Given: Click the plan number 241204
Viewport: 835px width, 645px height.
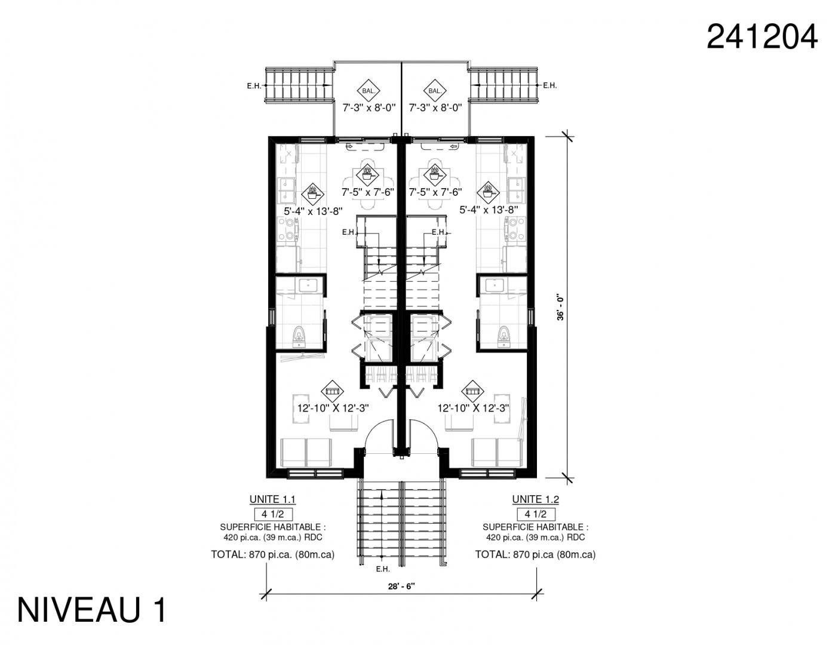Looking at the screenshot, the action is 762,36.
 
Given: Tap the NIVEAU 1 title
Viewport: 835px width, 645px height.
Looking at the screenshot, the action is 92,610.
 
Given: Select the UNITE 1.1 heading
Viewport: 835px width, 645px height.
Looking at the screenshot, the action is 272,499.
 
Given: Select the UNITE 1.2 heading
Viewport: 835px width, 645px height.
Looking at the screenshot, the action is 535,499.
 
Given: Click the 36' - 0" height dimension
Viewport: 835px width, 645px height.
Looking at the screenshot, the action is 561,308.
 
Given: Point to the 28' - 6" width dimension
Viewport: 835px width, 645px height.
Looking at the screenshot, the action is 401,586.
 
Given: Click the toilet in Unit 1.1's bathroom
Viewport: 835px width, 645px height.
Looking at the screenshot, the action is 298,337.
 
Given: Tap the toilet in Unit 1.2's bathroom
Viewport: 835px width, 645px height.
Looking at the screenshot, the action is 504,337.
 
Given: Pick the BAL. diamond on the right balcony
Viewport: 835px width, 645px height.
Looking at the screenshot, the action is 435,91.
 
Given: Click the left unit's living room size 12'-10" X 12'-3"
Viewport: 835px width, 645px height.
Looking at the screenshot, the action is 333,408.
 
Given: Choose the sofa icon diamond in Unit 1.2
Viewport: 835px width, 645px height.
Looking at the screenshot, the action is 472,391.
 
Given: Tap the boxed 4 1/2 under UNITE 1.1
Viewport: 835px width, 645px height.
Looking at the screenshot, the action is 273,514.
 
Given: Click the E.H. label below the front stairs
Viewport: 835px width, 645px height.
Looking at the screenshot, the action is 383,569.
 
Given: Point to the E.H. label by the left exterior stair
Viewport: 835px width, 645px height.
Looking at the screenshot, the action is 254,87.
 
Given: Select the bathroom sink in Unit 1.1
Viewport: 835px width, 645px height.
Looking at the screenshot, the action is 308,285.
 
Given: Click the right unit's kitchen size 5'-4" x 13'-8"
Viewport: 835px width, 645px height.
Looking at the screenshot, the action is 489,210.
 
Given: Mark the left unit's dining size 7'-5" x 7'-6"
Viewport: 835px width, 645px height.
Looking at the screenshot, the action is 368,192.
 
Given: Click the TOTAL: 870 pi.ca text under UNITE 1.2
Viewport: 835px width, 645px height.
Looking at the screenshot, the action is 535,554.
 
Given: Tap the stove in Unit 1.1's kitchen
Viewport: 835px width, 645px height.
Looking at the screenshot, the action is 286,228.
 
